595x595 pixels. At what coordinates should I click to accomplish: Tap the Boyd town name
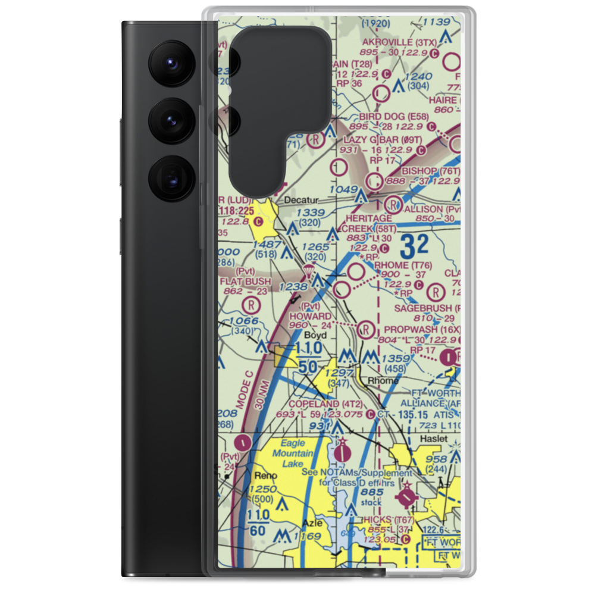point(316,335)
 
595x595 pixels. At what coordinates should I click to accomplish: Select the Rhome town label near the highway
point(383,381)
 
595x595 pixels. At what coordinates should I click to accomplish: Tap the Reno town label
point(262,476)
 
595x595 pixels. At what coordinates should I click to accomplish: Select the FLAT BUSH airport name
point(245,281)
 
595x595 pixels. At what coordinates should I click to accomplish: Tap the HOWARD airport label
point(310,316)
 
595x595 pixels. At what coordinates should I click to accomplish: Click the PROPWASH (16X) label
point(422,329)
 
